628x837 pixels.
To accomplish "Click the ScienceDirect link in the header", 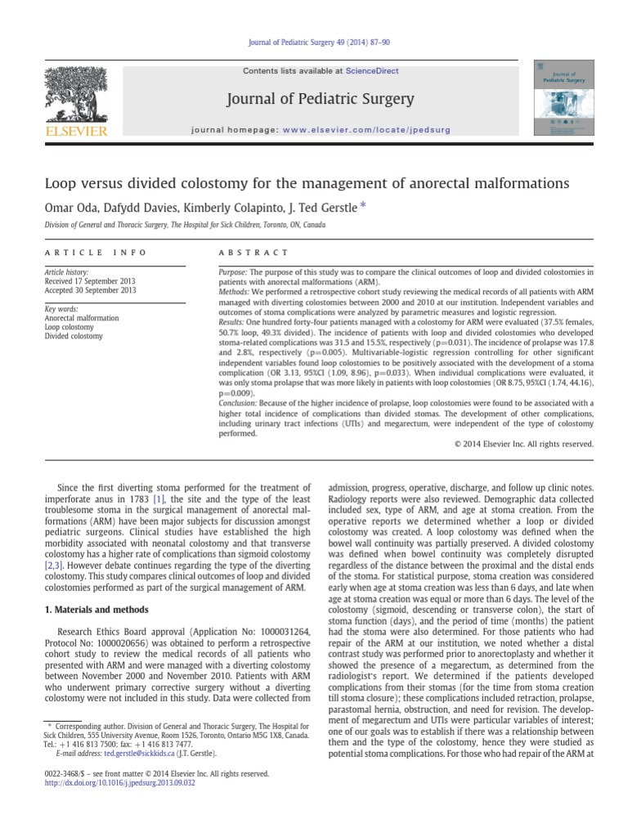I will click(x=372, y=71).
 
